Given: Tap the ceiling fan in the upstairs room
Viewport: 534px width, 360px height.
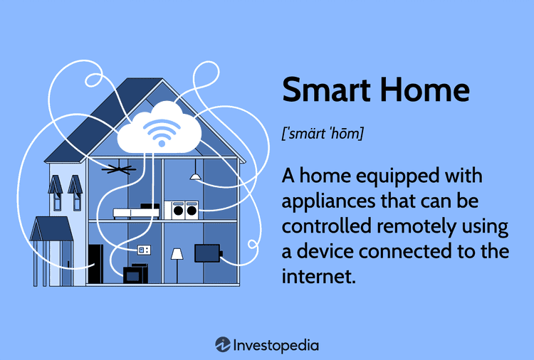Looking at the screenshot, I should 117,169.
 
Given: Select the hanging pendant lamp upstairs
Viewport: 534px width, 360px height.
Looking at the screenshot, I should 195,175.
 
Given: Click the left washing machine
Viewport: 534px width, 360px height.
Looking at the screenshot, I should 178,210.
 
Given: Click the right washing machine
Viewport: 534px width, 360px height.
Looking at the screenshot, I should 192,210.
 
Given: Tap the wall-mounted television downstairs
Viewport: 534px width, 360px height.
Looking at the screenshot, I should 207,253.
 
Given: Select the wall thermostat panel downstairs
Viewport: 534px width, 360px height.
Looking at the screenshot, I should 145,250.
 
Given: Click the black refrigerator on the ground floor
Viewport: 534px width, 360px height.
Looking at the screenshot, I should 95,264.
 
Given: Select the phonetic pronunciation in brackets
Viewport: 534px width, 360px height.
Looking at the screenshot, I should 323,133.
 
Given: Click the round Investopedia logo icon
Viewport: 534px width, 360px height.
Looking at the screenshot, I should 222,344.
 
